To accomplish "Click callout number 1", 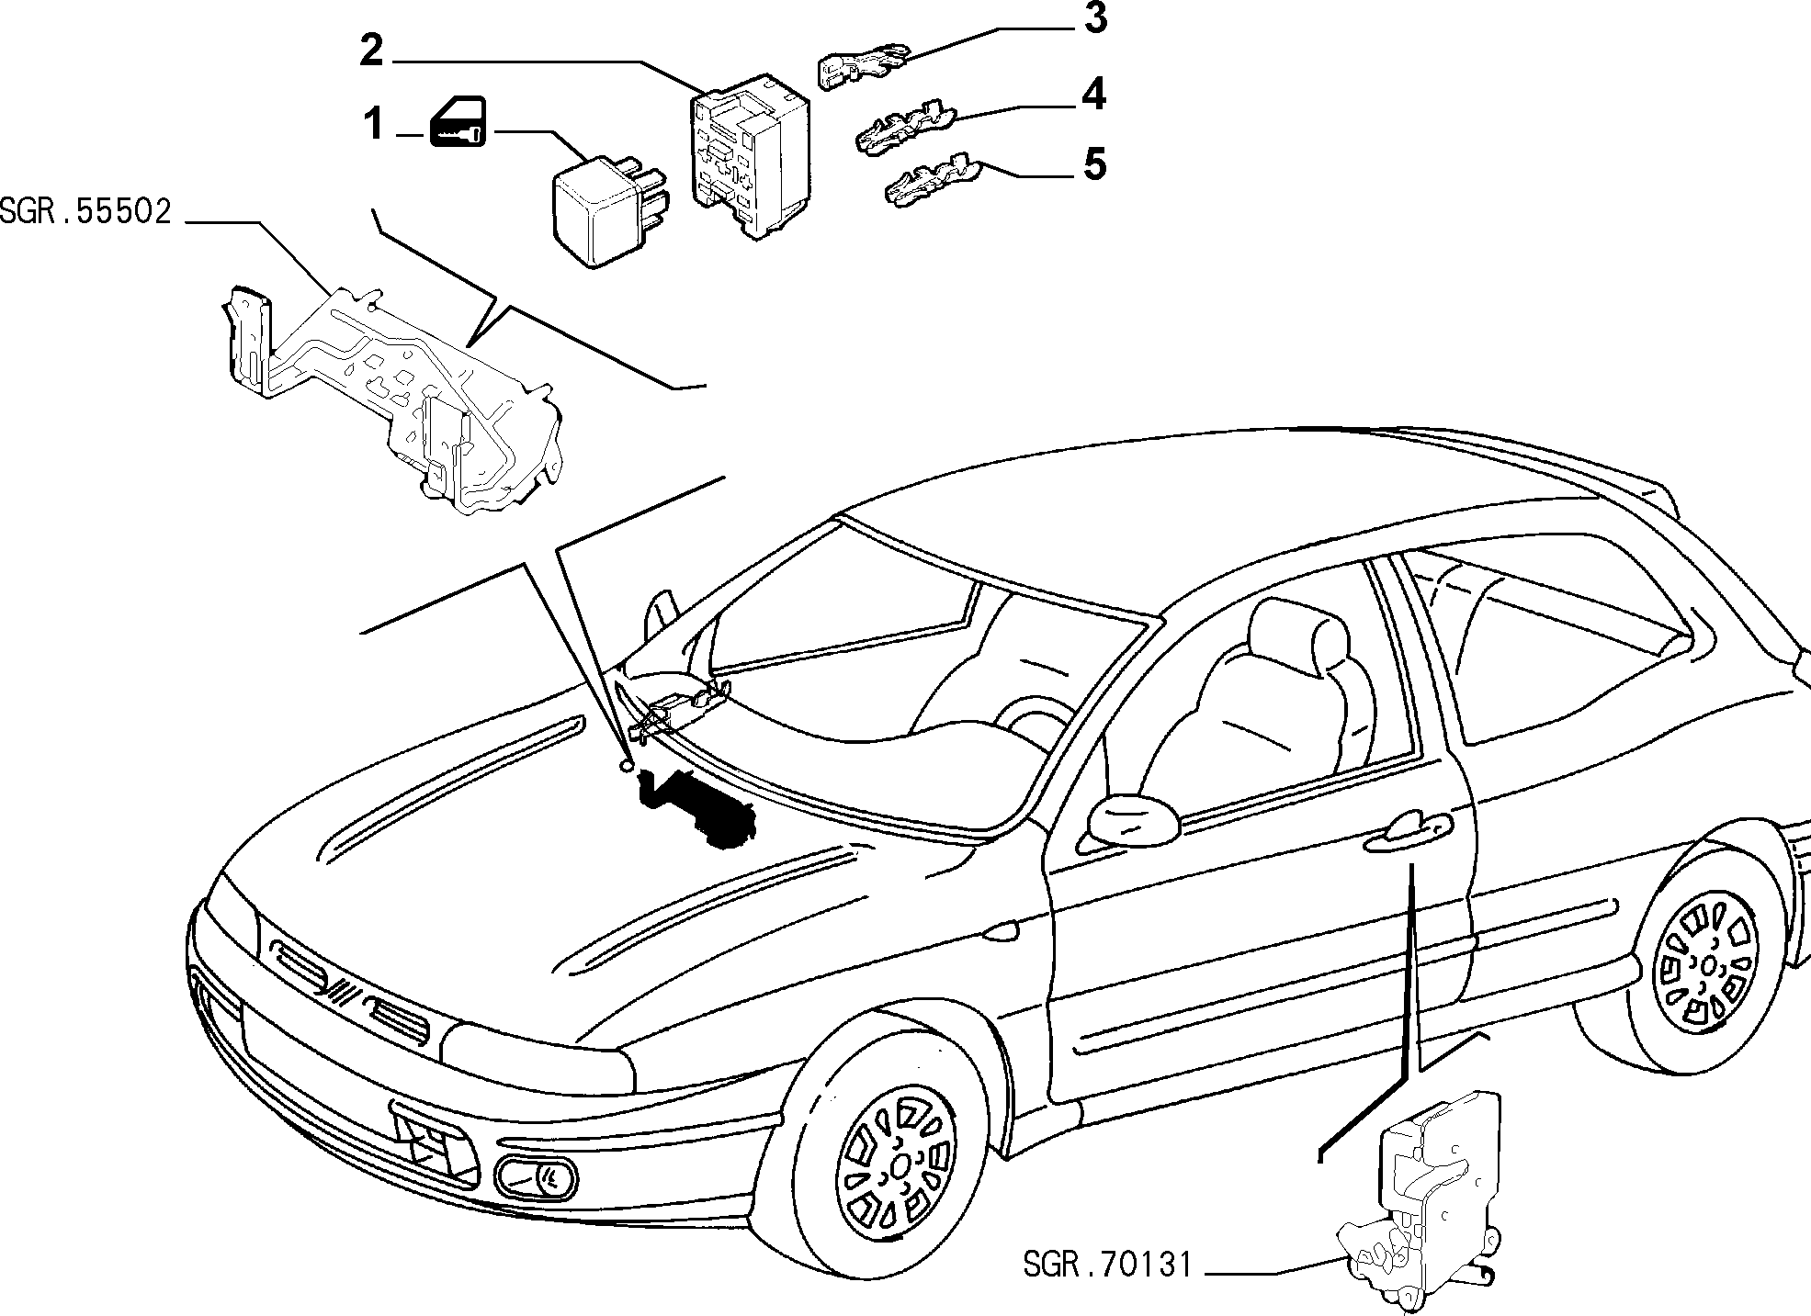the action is coord(372,124).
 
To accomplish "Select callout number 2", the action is coord(370,51).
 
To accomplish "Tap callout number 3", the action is coord(1093,18).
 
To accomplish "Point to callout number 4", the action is coord(1093,95).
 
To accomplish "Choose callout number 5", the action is coord(1093,165).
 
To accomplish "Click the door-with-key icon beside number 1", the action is coord(457,123).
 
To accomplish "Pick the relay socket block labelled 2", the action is coord(748,156).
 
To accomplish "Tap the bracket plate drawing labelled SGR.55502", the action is coord(390,395).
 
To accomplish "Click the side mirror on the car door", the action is coord(1132,817).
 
